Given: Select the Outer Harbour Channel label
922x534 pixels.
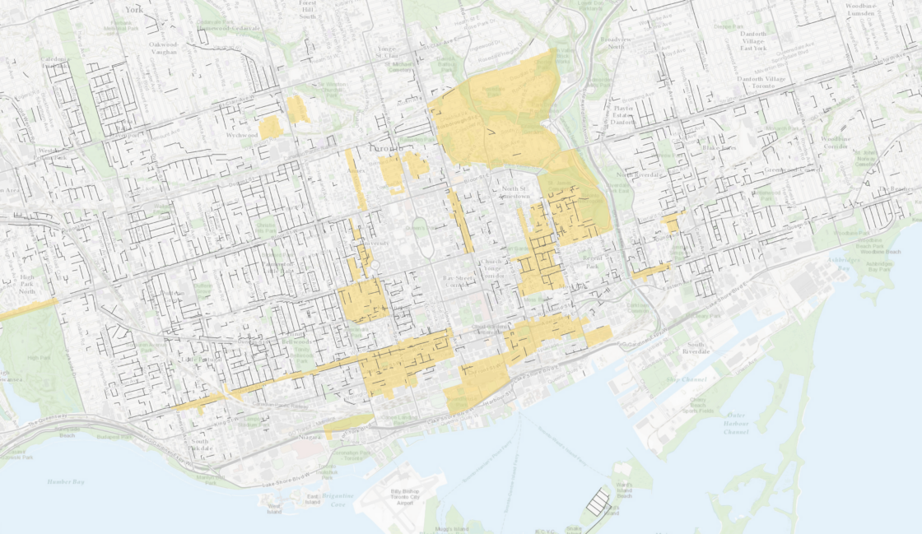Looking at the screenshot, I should point(735,424).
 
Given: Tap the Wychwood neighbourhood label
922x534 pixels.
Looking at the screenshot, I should point(242,134).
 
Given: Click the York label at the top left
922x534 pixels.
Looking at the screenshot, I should point(134,9).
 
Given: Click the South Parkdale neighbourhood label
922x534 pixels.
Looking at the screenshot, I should point(200,445).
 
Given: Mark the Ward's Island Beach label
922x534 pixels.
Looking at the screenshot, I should point(624,491).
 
